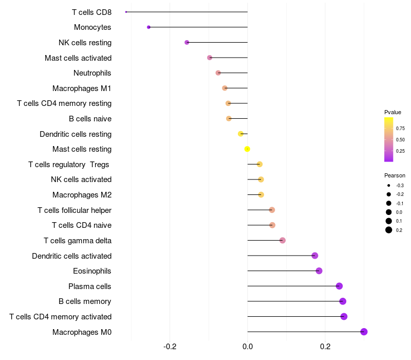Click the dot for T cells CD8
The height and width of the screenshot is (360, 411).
(x=126, y=12)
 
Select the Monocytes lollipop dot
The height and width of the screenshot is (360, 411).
(x=148, y=27)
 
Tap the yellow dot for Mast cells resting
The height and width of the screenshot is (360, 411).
(x=247, y=149)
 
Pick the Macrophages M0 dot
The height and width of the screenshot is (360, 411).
(x=364, y=332)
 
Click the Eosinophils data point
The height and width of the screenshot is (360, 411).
(x=319, y=271)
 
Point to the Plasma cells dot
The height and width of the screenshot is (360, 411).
(x=339, y=286)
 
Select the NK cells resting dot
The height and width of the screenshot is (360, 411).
(x=186, y=42)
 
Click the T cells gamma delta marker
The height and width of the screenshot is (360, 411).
(x=282, y=240)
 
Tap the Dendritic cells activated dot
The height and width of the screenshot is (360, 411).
(x=314, y=256)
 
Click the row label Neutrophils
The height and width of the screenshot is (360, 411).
(x=92, y=73)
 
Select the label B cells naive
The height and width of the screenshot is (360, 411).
(x=90, y=119)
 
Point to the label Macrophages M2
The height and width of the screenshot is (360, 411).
(x=82, y=195)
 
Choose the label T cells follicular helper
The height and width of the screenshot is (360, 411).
(x=74, y=210)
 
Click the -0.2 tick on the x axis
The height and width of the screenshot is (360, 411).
(x=170, y=347)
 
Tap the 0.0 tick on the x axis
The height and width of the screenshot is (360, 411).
(x=248, y=347)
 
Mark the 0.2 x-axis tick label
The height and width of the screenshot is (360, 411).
(x=325, y=347)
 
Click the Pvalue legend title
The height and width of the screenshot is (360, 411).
(x=393, y=112)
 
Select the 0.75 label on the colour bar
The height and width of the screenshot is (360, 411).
(x=400, y=128)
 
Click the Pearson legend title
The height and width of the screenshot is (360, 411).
(x=395, y=175)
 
